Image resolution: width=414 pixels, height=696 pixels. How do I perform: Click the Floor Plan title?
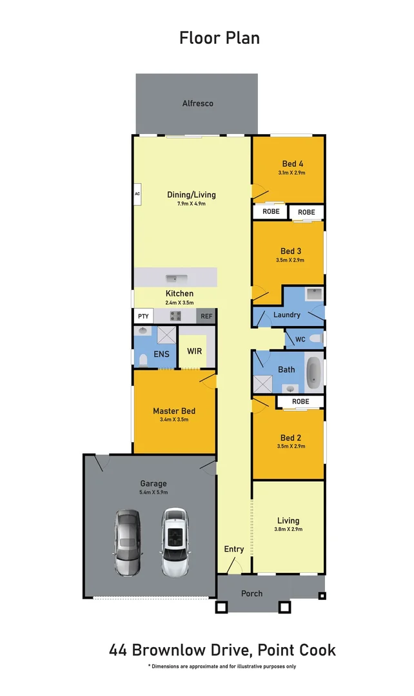pos(219,38)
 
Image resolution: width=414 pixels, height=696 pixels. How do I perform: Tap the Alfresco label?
pos(197,103)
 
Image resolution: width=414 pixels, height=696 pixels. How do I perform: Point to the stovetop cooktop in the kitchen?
pos(175,316)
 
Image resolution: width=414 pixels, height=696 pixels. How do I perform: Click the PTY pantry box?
pos(142,316)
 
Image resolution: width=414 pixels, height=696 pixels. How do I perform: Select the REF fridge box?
pos(206,316)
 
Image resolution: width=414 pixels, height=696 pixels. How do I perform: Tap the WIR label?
pos(194,352)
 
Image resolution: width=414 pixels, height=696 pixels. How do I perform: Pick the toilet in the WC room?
pos(315,338)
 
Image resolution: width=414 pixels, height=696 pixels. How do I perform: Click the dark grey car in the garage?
pos(127,543)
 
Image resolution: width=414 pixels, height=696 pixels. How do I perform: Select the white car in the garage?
pos(174,543)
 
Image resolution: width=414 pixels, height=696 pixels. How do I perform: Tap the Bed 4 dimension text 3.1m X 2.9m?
pos(291,173)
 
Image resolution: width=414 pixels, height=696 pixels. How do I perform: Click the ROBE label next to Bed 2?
pos(301,401)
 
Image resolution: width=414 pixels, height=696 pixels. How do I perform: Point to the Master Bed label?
pos(173,411)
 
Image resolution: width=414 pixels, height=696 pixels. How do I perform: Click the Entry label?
pos(234,549)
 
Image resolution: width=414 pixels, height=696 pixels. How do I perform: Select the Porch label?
pos(251,593)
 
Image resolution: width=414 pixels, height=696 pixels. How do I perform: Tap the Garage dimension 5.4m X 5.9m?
pos(153,492)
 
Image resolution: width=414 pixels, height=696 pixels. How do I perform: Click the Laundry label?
pos(287,315)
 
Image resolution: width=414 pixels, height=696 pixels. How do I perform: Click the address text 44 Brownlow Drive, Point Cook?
pos(222,650)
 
